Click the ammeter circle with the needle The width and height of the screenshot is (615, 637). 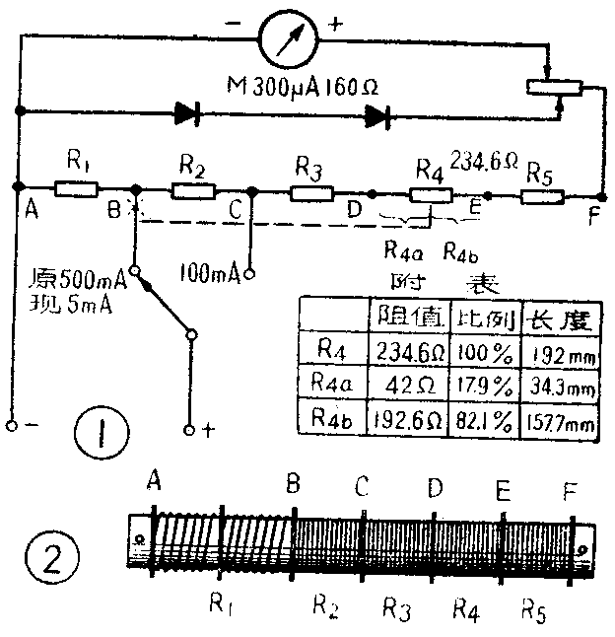(287, 40)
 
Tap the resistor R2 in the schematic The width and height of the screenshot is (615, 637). (194, 188)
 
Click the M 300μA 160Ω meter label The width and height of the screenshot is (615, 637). (301, 88)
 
